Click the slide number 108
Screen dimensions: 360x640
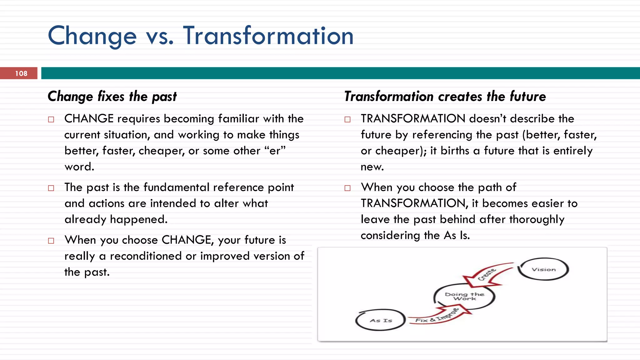(21, 73)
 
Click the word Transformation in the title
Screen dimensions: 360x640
(268, 36)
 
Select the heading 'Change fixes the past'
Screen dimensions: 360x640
(112, 96)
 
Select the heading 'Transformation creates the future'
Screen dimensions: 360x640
(445, 96)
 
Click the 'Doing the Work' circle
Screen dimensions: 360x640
(464, 296)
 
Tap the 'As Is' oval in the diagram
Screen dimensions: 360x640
(381, 320)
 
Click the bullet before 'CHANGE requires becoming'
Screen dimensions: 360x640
(51, 119)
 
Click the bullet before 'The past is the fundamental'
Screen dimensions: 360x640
(51, 188)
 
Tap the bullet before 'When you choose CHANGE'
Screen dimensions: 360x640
(51, 241)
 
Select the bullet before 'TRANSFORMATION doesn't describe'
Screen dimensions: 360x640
(347, 119)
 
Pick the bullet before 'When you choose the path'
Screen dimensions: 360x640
(347, 188)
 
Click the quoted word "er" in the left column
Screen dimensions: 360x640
(275, 151)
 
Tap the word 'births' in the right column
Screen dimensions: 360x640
(455, 151)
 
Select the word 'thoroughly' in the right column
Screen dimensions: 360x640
(537, 219)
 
